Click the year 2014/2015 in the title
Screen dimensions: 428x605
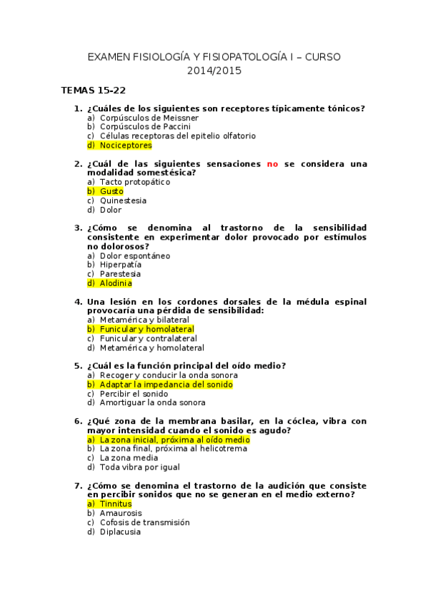(x=214, y=71)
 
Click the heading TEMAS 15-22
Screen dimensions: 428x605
(x=94, y=91)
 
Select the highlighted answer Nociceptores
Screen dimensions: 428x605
(x=126, y=146)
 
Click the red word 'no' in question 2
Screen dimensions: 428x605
(x=272, y=164)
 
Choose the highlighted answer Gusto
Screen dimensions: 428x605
(x=111, y=191)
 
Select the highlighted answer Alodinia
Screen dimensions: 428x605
(x=116, y=283)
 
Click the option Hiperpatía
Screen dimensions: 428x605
(x=121, y=265)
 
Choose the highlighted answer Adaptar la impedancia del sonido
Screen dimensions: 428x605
(x=166, y=385)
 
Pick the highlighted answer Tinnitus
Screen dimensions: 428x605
(x=116, y=504)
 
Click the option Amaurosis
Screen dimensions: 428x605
(x=121, y=513)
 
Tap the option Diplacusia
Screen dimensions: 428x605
(x=121, y=532)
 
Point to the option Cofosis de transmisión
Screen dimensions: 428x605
(x=144, y=522)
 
